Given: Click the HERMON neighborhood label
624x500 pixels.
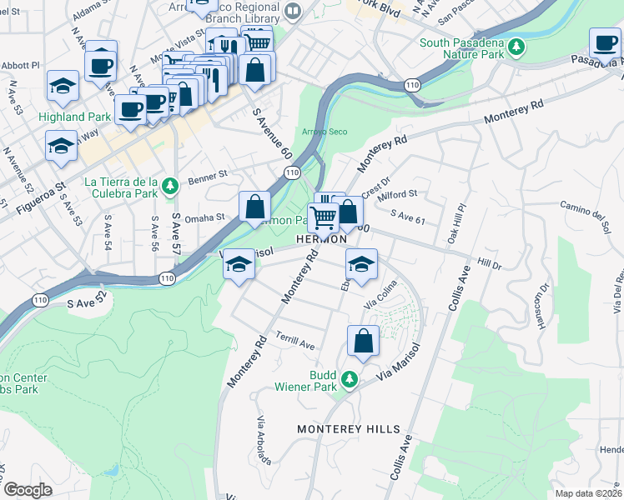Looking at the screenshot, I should (321, 240).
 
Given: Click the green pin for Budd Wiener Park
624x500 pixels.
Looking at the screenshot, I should (351, 381).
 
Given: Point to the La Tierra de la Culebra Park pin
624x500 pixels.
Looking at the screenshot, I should (169, 185).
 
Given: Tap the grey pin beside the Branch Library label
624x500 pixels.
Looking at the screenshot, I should (292, 11).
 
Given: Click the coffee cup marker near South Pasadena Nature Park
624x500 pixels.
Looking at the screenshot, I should (604, 42).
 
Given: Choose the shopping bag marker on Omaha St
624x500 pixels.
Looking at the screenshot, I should (254, 207).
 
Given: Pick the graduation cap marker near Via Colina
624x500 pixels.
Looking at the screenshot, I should (361, 264).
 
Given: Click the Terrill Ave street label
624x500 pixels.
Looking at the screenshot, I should (296, 344).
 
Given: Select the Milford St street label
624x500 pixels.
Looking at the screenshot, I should (397, 197).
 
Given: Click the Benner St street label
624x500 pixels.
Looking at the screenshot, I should (208, 176).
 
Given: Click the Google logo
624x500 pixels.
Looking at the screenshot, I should (27, 489).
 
